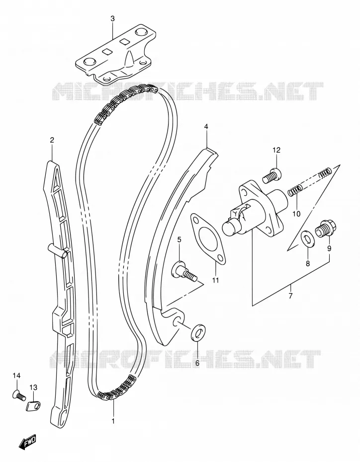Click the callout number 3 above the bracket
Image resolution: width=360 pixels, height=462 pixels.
click(112, 19)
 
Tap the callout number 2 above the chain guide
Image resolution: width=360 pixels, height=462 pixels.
click(52, 140)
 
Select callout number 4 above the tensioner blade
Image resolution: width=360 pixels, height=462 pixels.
click(206, 127)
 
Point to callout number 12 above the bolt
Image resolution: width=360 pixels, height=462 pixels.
click(276, 150)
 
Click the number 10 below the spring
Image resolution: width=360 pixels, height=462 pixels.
click(297, 213)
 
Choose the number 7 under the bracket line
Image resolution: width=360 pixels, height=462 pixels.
click(290, 296)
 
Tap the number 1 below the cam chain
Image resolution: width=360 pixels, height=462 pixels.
click(113, 421)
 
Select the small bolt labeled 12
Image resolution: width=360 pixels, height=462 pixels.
click(272, 175)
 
